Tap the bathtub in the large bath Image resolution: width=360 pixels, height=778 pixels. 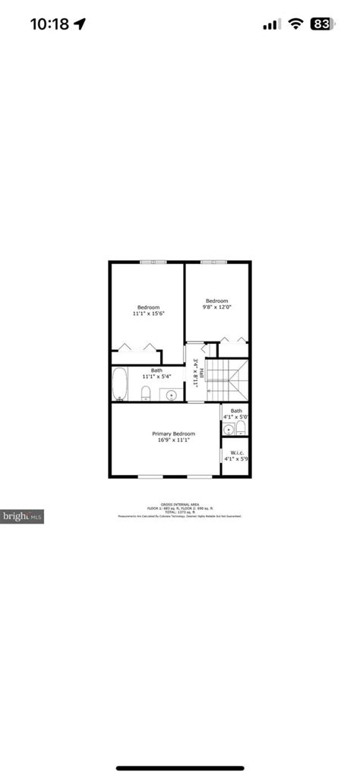pos(120,384)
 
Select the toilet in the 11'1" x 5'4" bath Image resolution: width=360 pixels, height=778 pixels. pos(145,392)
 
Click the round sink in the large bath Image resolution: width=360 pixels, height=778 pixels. pos(172,395)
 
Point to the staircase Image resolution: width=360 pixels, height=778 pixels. pos(227,380)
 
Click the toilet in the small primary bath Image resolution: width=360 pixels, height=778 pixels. pos(241,428)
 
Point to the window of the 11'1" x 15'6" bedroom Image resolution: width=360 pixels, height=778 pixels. pos(153,263)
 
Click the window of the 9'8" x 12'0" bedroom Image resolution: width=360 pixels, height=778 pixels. pos(213,263)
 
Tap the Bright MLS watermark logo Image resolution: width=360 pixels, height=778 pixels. pos(22,516)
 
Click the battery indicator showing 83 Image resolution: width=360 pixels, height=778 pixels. pos(321,24)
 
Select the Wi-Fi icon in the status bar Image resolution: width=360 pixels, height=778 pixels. pos(295,24)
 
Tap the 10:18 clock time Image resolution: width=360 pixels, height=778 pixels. pos(49,24)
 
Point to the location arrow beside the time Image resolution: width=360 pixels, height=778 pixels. pos(80,24)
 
